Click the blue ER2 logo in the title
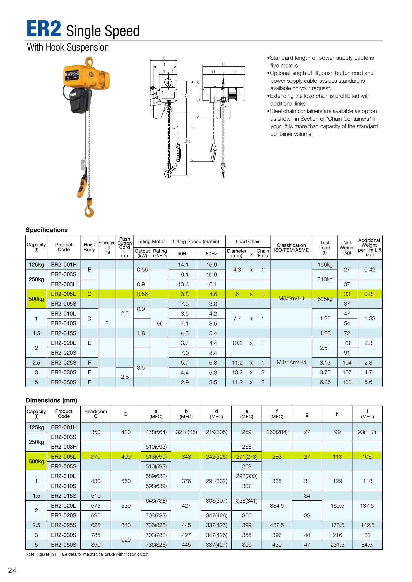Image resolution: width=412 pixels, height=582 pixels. (x=44, y=29)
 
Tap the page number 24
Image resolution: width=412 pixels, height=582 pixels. (x=12, y=570)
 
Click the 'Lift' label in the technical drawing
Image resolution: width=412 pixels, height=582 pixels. (x=187, y=141)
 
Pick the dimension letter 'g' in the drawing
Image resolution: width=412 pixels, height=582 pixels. (x=176, y=165)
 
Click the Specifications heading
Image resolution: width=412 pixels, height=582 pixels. (x=46, y=230)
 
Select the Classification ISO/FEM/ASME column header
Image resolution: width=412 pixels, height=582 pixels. (x=291, y=247)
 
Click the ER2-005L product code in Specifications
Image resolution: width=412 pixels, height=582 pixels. (x=64, y=294)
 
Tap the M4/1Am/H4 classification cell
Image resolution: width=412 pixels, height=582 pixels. (x=291, y=363)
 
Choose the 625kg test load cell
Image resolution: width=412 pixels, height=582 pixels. (x=325, y=299)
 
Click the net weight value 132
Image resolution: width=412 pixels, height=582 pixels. (x=347, y=382)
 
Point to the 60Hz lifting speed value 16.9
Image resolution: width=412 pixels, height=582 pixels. (x=211, y=265)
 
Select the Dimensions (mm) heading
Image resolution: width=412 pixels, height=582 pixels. (x=51, y=400)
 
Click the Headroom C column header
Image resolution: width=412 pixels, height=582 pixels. (x=95, y=414)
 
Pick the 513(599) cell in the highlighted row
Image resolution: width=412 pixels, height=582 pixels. (x=156, y=457)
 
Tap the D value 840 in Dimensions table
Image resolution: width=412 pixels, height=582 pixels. (x=126, y=525)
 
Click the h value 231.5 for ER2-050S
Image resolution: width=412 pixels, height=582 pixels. (x=337, y=545)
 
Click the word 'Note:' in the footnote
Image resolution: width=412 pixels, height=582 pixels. (x=30, y=554)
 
